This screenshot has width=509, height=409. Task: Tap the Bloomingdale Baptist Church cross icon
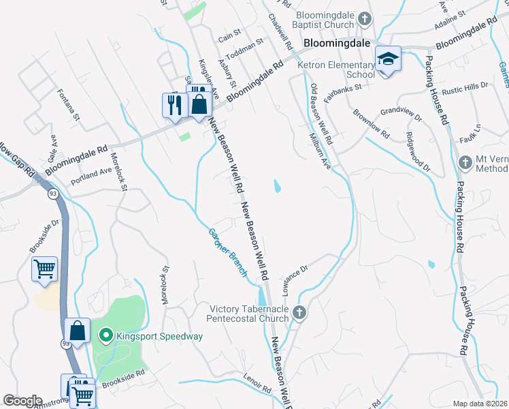click(x=365, y=18)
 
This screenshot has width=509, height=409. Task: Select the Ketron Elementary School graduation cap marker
click(x=388, y=59)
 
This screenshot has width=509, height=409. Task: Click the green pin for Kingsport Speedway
click(x=105, y=335)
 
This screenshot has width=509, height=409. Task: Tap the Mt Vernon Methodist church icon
click(x=465, y=162)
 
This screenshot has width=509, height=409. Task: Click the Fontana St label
click(x=69, y=104)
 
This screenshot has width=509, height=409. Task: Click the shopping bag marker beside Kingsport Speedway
click(x=78, y=331)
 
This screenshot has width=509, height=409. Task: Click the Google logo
click(x=22, y=400)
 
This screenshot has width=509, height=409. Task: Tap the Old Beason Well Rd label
click(x=321, y=113)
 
